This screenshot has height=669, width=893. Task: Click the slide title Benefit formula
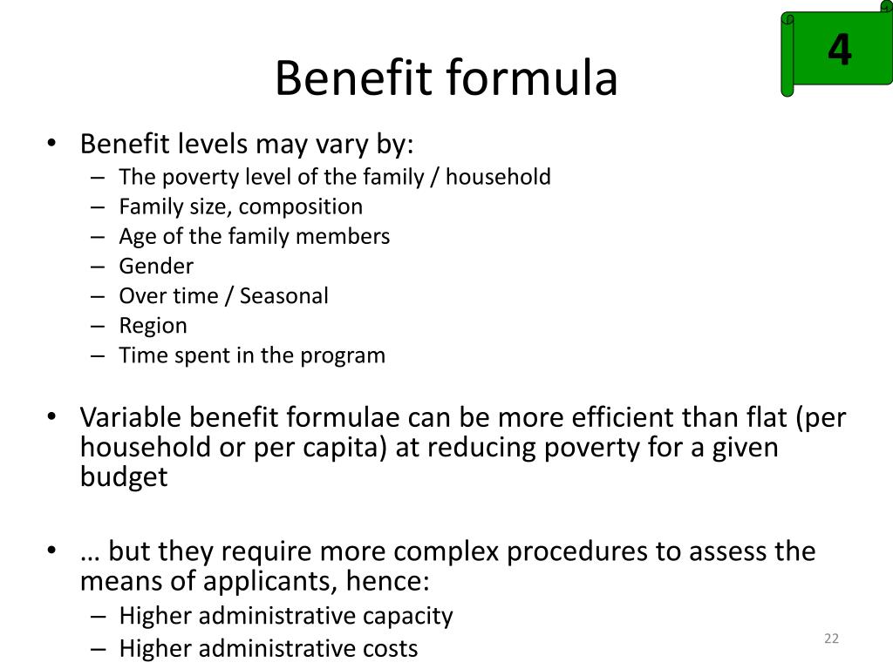click(446, 79)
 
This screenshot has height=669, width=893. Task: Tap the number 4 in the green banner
click(839, 51)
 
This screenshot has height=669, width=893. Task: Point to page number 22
click(830, 639)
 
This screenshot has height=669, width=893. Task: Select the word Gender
click(156, 267)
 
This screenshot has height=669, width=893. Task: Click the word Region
click(153, 326)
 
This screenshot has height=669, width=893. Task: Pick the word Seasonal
click(284, 296)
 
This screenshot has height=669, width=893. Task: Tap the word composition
click(301, 207)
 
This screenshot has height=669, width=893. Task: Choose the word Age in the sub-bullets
click(136, 237)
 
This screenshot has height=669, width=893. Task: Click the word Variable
click(131, 418)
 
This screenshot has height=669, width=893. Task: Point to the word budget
click(124, 477)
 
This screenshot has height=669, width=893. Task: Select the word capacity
click(410, 617)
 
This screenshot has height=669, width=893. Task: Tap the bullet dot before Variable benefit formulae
click(54, 417)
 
